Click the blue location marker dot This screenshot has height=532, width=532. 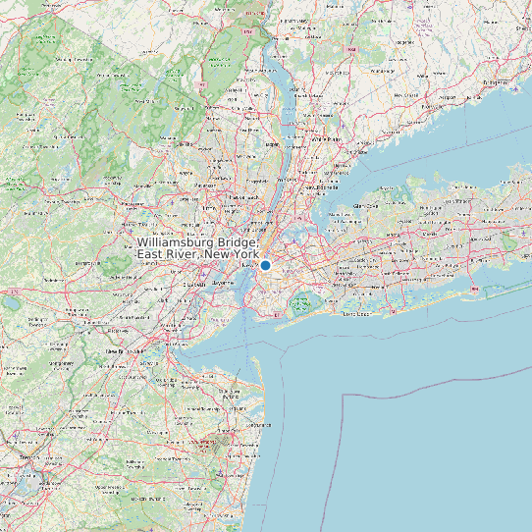265,265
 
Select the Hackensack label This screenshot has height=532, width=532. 239,197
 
